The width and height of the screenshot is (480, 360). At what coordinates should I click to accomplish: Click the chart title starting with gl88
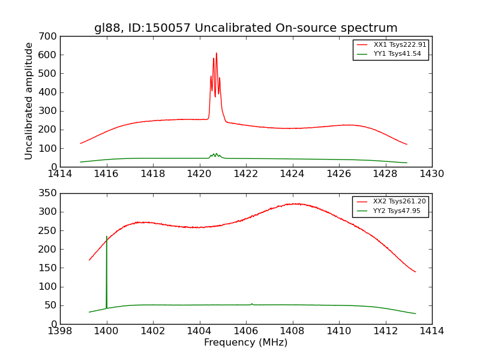pos(245,28)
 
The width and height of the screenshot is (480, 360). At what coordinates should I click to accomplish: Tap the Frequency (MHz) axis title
pos(245,343)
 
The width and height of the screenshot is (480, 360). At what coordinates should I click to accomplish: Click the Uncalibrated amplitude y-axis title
pos(29,101)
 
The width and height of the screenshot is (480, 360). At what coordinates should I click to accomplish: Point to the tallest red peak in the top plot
pos(217,53)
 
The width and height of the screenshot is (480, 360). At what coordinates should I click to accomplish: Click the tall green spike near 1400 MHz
pos(107,237)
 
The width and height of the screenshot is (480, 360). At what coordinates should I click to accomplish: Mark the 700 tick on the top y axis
pos(50,37)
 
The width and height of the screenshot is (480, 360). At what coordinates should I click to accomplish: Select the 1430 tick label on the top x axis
pos(431,174)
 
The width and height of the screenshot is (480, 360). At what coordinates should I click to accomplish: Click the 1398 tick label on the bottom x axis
pos(61,331)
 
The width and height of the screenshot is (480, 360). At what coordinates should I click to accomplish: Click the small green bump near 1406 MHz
pos(251,304)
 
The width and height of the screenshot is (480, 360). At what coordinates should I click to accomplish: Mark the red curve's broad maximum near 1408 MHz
pos(294,204)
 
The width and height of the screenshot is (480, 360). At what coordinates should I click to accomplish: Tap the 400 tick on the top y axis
pos(50,92)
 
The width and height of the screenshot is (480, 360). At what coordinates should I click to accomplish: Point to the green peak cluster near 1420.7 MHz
pos(215,154)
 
